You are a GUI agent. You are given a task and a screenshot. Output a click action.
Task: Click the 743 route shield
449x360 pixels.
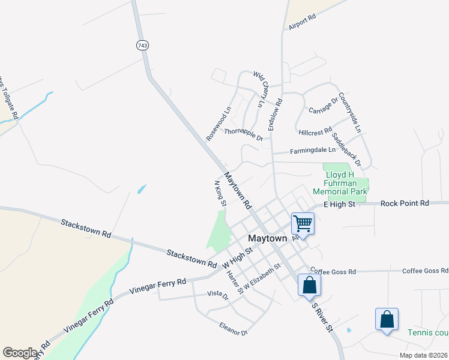(x=142, y=46)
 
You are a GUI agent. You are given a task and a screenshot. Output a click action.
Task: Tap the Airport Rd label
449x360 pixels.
(x=302, y=23)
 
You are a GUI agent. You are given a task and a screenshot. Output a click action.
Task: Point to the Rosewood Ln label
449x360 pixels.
(x=218, y=124)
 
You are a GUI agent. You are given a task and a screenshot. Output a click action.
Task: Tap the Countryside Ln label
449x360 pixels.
(x=350, y=112)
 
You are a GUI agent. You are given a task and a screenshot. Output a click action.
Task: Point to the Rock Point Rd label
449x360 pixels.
(x=405, y=204)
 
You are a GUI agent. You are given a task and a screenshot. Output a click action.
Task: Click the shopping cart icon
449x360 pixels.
(x=303, y=224)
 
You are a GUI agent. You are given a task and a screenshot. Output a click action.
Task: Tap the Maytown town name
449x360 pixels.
(x=267, y=238)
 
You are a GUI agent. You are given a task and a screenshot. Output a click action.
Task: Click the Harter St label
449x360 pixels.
(x=234, y=283)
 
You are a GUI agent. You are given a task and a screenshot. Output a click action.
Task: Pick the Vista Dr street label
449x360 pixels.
(x=218, y=295)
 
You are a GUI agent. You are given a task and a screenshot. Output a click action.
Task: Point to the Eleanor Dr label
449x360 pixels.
(x=234, y=329)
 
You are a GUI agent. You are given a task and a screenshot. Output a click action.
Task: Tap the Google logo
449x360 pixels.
(x=20, y=352)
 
